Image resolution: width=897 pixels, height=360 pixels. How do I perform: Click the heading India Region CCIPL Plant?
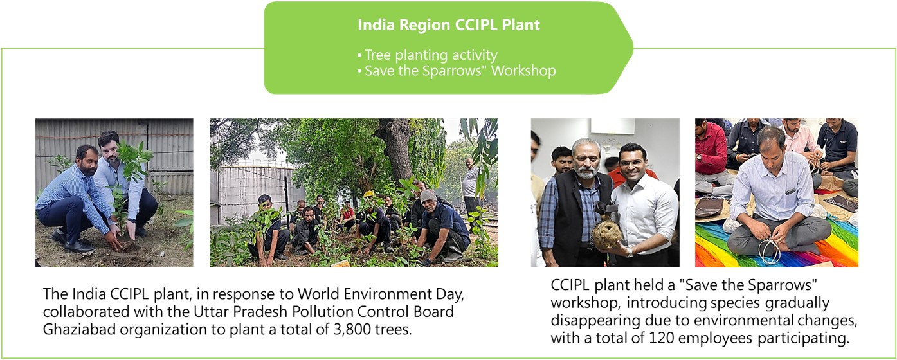click(449, 25)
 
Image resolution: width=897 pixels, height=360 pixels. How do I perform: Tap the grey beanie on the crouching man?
click(428, 195)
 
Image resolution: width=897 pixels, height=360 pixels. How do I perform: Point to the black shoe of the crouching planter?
click(78, 245)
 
